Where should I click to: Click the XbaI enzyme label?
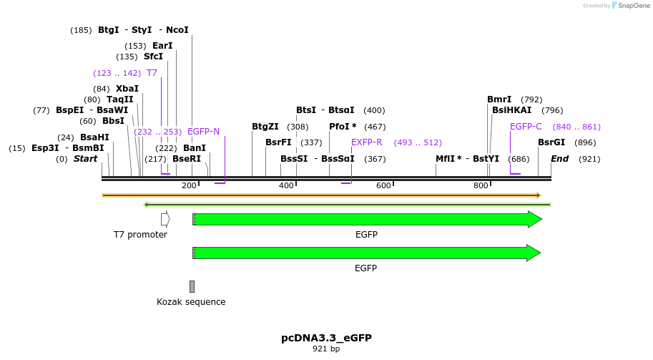[127, 89]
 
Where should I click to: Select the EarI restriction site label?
[162, 46]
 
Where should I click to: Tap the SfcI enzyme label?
[153, 57]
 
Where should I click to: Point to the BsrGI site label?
[551, 142]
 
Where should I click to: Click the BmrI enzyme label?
[499, 99]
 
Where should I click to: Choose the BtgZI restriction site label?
[265, 127]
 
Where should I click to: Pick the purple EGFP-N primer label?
[203, 132]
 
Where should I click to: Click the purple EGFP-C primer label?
[526, 127]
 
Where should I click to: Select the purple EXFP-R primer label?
[366, 142]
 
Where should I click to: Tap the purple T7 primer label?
[152, 73]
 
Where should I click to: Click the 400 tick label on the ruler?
[286, 186]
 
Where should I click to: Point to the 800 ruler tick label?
[481, 186]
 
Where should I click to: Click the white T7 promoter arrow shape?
[165, 219]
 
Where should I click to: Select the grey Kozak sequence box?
[192, 286]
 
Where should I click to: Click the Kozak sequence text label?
[191, 302]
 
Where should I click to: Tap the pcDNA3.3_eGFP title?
[326, 338]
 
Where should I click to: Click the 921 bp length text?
[326, 349]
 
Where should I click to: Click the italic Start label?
[85, 159]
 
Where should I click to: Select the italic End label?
[559, 159]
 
